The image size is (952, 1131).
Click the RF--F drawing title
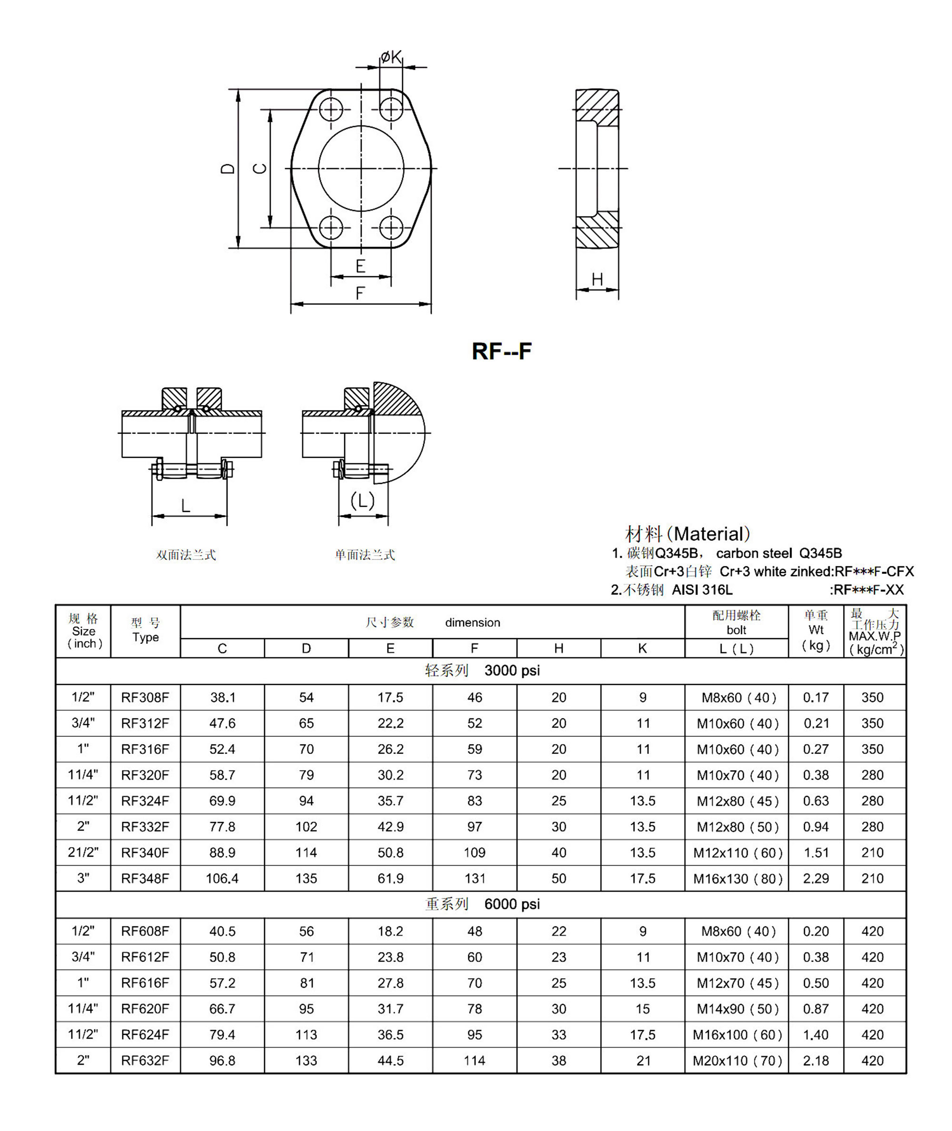point(501,351)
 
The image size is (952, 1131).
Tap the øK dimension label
point(391,57)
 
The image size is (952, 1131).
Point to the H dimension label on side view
point(597,279)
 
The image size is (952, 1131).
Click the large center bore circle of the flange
point(361,169)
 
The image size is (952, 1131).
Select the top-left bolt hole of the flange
point(331,110)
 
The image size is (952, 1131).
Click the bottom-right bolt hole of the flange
point(391,227)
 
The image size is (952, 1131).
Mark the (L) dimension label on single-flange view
point(363,500)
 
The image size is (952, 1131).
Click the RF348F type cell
point(145,878)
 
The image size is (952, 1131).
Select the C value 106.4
point(222,878)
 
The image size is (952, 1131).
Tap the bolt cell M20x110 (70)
point(737,1061)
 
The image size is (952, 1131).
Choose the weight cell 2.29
point(815,878)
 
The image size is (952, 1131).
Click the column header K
point(642,649)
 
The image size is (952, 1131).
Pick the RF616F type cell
point(145,983)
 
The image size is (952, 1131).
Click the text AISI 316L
point(702,590)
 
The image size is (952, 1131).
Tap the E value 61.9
point(390,878)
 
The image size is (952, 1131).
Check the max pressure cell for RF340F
point(872,852)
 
